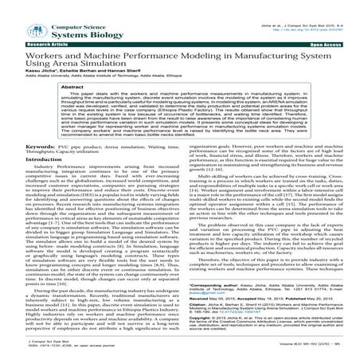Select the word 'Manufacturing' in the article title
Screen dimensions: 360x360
(242, 49)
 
